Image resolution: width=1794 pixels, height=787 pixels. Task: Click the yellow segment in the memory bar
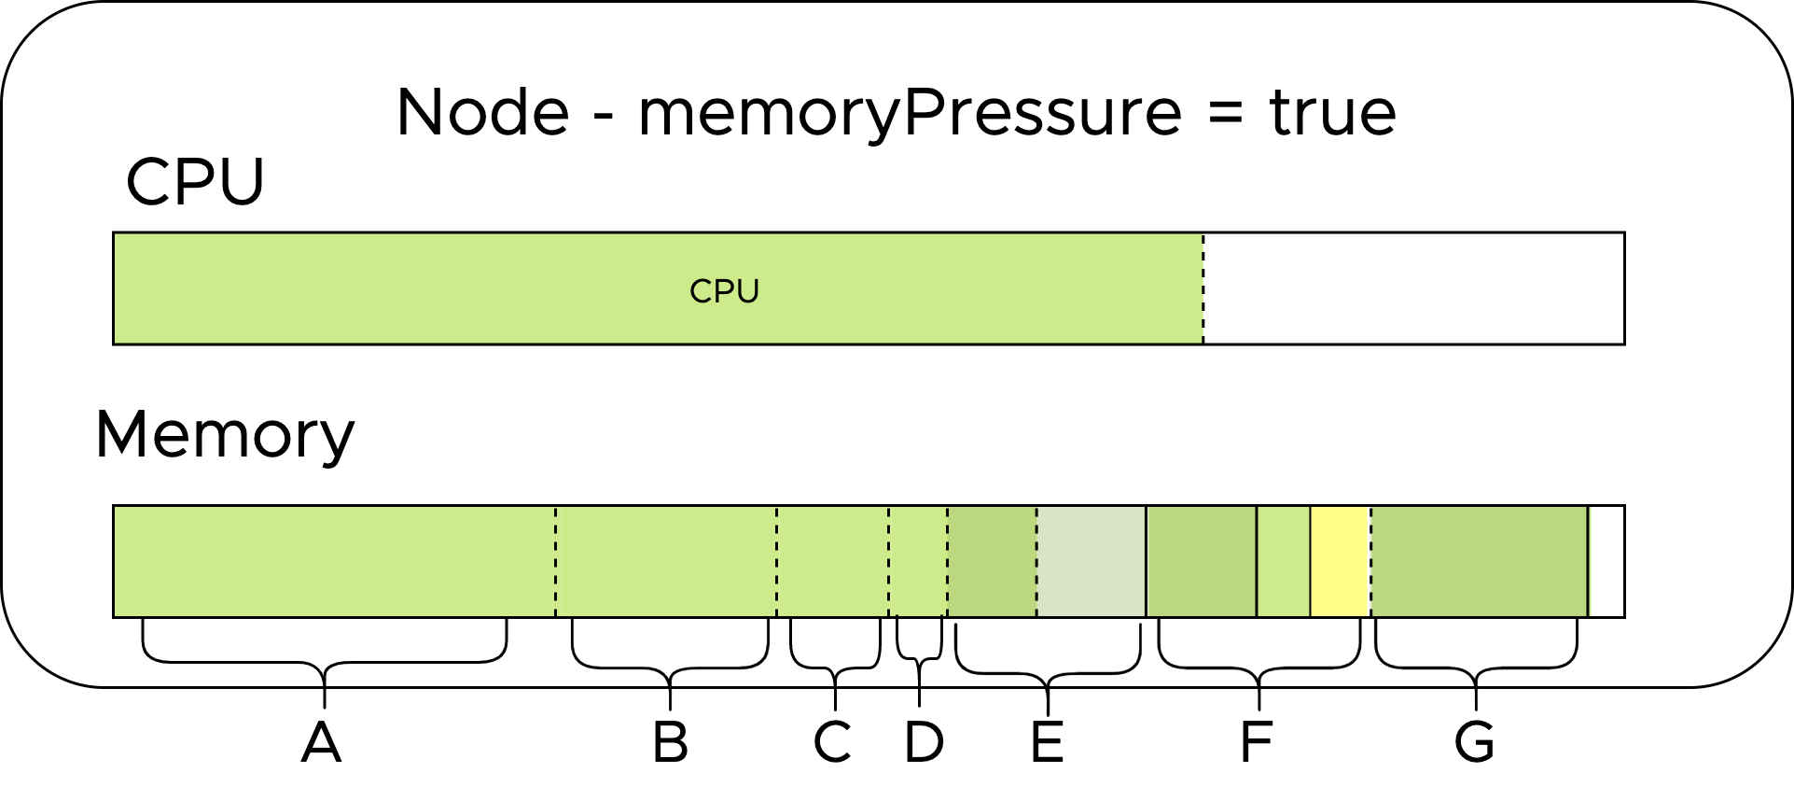(x=1340, y=561)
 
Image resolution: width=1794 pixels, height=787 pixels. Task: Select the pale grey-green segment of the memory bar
(x=1091, y=561)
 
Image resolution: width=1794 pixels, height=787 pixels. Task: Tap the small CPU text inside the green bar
(x=724, y=291)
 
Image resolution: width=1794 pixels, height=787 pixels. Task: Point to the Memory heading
(x=225, y=435)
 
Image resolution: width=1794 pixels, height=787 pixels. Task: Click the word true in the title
(x=1332, y=113)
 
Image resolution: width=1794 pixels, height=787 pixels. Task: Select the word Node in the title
(x=482, y=113)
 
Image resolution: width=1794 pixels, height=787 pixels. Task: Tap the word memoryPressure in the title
(x=910, y=115)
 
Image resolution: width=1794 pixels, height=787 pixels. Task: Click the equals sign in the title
(x=1225, y=115)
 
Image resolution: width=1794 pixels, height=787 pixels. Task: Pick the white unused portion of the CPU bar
(x=1413, y=288)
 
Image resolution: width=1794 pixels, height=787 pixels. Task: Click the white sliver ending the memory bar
(x=1606, y=561)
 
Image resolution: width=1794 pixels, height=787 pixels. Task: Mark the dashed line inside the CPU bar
(x=1203, y=288)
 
